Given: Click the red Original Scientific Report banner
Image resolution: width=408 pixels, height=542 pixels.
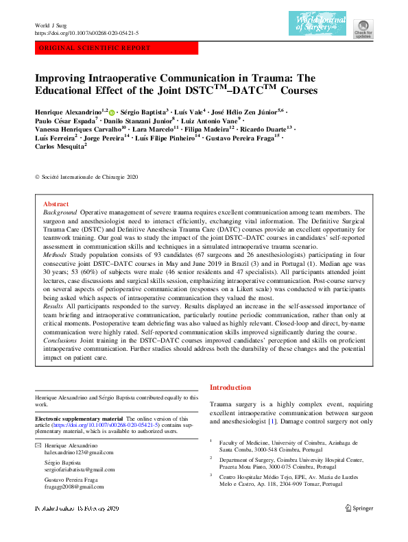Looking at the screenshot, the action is click(x=116, y=48).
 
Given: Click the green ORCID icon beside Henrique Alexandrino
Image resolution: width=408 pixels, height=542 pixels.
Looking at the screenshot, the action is click(x=112, y=112).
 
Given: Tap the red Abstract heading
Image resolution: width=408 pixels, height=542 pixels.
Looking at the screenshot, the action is click(x=56, y=204).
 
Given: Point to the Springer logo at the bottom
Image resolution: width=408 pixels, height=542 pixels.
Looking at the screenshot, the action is click(x=358, y=508).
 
